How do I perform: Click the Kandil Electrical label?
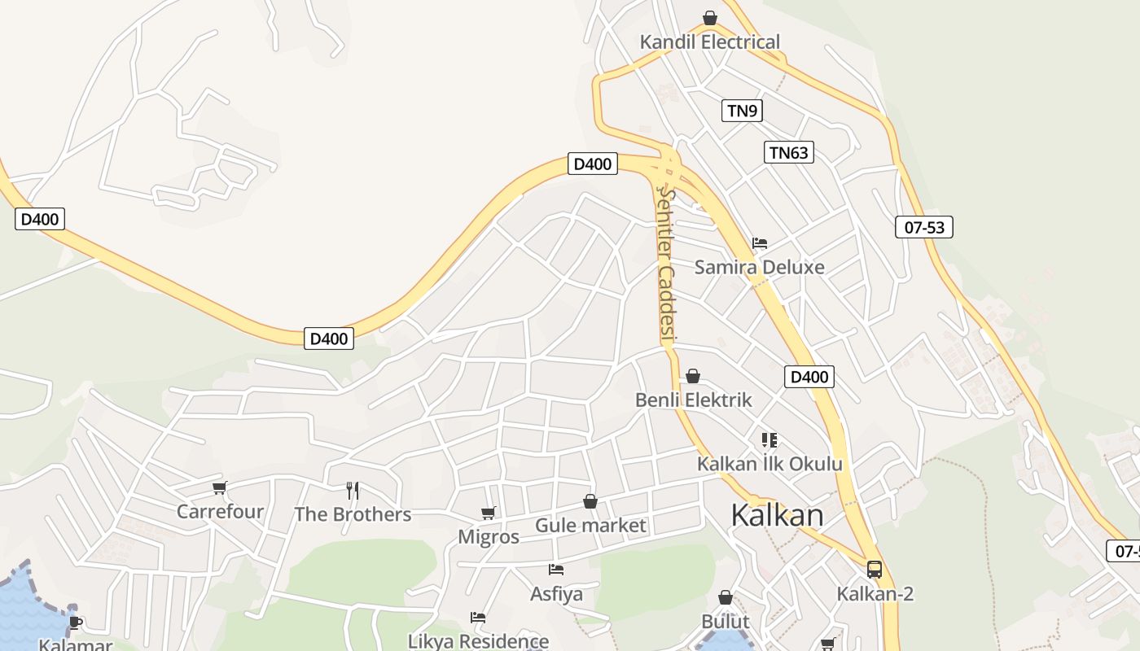coord(709,42)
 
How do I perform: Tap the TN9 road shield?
coord(742,111)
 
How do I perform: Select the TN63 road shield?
coord(789,152)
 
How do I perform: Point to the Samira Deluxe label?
coord(759,267)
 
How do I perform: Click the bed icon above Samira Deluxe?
coord(760,242)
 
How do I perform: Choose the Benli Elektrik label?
coord(694,400)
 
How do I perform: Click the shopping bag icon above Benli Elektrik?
coord(693,376)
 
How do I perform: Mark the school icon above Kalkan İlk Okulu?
coord(769,440)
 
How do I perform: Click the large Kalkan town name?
coord(777,515)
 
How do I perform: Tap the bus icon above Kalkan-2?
coord(875,570)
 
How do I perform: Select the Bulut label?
coord(725,622)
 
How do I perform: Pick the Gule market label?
coord(590,526)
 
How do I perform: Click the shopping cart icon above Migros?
coord(489,513)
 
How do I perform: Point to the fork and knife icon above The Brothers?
coord(353,490)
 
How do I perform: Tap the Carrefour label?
coord(220,512)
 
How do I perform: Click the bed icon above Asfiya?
coord(556,570)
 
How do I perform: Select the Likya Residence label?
coord(478,641)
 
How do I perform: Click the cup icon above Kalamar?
coord(76,623)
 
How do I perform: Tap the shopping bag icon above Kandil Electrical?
coord(710,18)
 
